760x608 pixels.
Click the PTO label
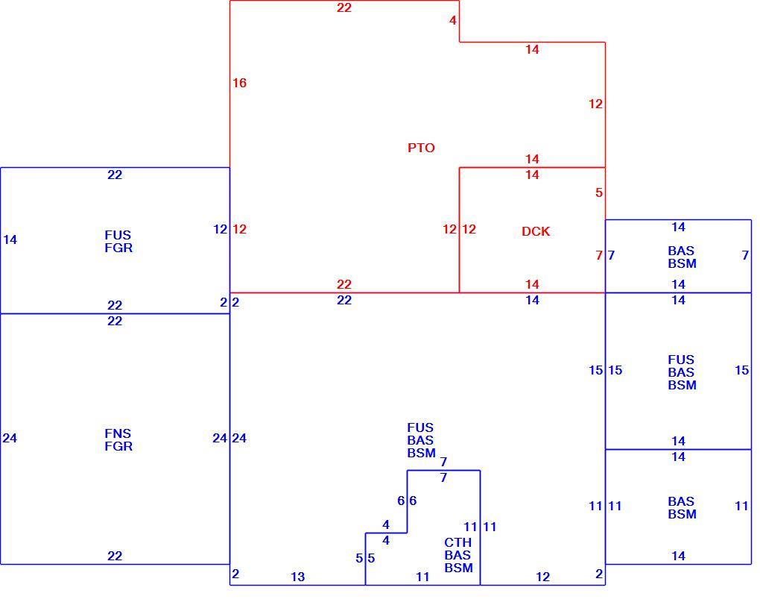click(x=421, y=148)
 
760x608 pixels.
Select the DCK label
click(x=536, y=231)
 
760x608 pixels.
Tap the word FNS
click(x=118, y=433)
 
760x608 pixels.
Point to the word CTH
click(x=457, y=542)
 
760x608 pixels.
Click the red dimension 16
click(x=239, y=83)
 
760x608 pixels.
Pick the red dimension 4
click(x=453, y=20)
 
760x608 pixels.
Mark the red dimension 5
click(x=599, y=192)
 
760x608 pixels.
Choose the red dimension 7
click(x=599, y=255)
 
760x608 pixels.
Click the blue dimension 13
click(x=297, y=577)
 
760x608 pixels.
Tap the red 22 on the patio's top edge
click(x=344, y=7)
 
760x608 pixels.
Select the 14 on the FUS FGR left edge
click(x=10, y=239)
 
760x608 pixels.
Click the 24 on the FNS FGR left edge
click(x=10, y=438)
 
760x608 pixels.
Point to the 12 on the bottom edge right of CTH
click(x=543, y=577)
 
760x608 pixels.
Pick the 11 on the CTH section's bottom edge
click(x=422, y=577)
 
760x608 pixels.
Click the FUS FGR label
click(x=118, y=241)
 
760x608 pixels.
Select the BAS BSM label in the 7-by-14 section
click(x=682, y=257)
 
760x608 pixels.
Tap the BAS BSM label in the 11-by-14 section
click(x=682, y=507)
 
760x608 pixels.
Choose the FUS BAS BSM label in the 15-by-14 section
click(x=682, y=372)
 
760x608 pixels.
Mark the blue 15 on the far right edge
click(x=741, y=370)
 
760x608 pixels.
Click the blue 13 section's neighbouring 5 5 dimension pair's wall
click(x=365, y=559)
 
